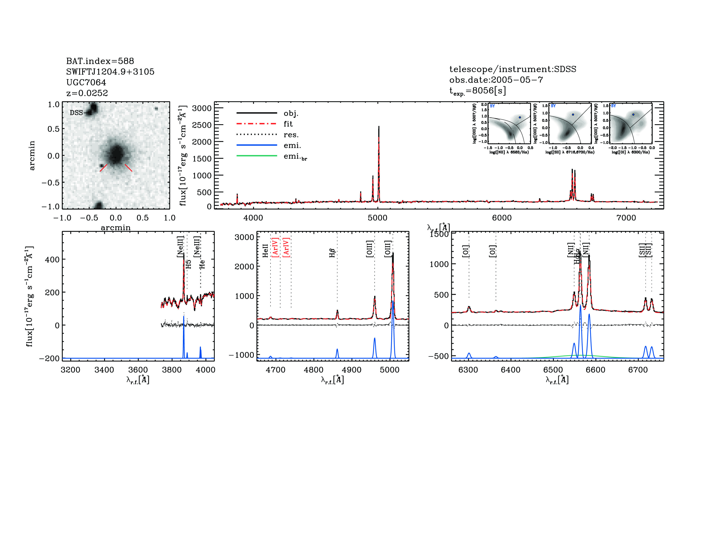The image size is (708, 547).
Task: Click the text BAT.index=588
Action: pyautogui.click(x=100, y=61)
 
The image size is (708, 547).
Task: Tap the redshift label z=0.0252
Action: pyautogui.click(x=87, y=93)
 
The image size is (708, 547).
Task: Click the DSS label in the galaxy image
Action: pyautogui.click(x=76, y=113)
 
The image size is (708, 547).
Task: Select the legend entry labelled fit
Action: pyautogui.click(x=288, y=124)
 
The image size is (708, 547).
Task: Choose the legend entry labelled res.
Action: pyautogui.click(x=291, y=134)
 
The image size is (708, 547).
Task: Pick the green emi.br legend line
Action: pyautogui.click(x=257, y=156)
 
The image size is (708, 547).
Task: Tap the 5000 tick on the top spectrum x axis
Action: pyautogui.click(x=377, y=218)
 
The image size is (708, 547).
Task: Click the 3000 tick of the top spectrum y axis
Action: pyautogui.click(x=202, y=108)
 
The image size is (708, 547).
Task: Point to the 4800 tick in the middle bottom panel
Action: pyautogui.click(x=313, y=370)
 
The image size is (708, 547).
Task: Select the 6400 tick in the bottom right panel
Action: pyautogui.click(x=511, y=370)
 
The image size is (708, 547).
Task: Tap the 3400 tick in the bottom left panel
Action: pyautogui.click(x=104, y=370)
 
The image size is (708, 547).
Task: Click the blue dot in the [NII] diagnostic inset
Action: pyautogui.click(x=520, y=117)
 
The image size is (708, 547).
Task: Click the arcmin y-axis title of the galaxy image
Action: pyautogui.click(x=32, y=156)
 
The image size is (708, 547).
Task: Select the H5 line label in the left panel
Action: pyautogui.click(x=189, y=264)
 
